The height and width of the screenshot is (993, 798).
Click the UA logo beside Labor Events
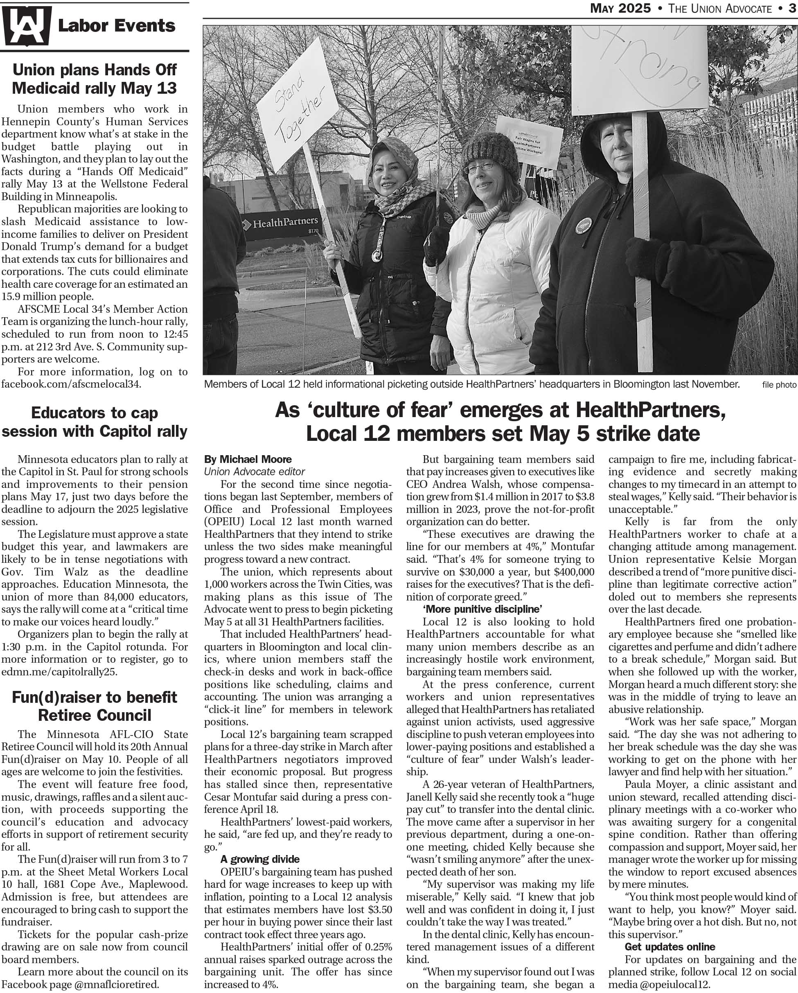pos(26,26)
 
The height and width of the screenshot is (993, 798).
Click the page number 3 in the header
pos(792,8)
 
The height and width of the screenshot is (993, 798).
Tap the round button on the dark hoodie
pos(584,225)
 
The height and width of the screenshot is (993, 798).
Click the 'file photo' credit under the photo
pos(779,385)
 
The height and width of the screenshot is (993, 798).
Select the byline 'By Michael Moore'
pos(248,459)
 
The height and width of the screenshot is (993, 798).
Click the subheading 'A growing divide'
pos(260,859)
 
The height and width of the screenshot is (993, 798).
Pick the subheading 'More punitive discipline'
pos(482,609)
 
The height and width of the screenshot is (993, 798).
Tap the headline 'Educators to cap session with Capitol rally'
pos(95,422)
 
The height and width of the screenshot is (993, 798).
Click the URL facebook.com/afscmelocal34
pos(71,384)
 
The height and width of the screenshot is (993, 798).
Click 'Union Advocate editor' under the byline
pos(255,472)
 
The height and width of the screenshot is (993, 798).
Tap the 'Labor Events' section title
pos(117,26)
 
